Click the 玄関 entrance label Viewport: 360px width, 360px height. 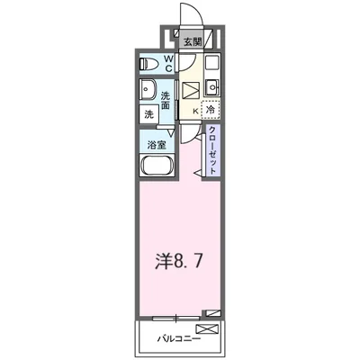tap(193, 41)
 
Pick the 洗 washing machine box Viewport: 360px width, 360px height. tap(148, 114)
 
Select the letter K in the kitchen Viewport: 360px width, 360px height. tap(193, 110)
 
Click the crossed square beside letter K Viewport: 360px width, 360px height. tap(193, 91)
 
